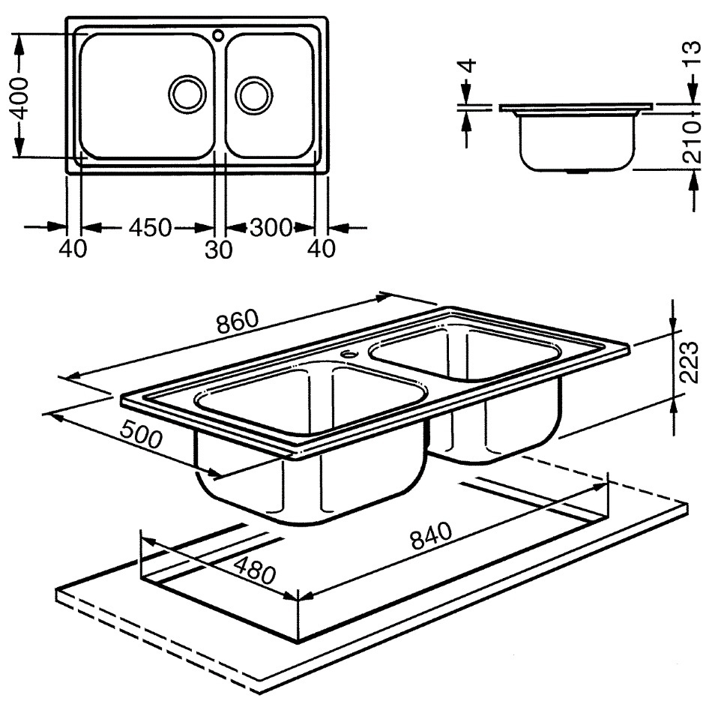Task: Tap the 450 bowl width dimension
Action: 150,228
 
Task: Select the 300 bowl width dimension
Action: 271,227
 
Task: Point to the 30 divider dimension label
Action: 218,250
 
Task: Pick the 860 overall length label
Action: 237,321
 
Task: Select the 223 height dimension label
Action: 690,362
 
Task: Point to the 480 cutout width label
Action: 254,570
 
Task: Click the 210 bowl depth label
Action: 693,141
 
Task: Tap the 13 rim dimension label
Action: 693,54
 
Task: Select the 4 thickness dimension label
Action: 469,65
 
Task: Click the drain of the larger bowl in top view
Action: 187,94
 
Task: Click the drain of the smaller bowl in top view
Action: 253,95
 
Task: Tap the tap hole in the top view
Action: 218,34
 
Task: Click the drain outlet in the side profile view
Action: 576,172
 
